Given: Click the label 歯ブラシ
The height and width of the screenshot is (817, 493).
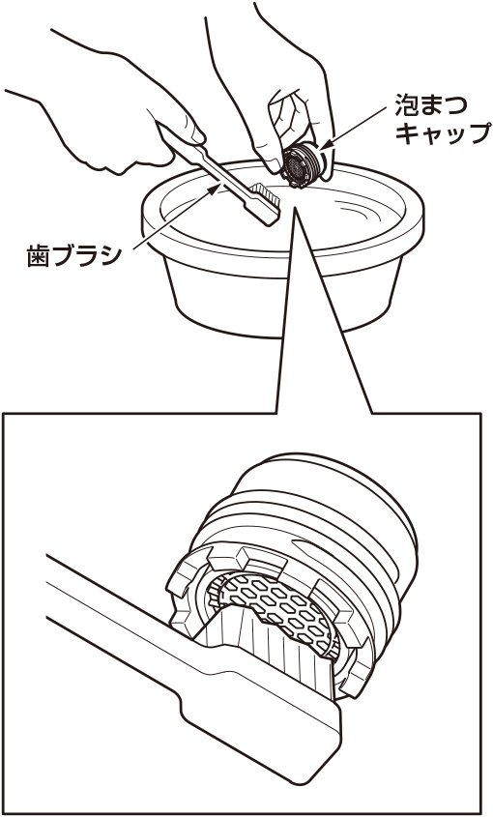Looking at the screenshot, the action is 74,256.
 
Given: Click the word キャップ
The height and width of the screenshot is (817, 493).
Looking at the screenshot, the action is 443,133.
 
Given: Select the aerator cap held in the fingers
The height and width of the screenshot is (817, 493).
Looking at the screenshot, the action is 304,164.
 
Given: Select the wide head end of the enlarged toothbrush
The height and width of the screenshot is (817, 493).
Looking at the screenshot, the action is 261,724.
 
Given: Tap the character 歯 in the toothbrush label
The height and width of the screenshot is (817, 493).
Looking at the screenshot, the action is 37,256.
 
